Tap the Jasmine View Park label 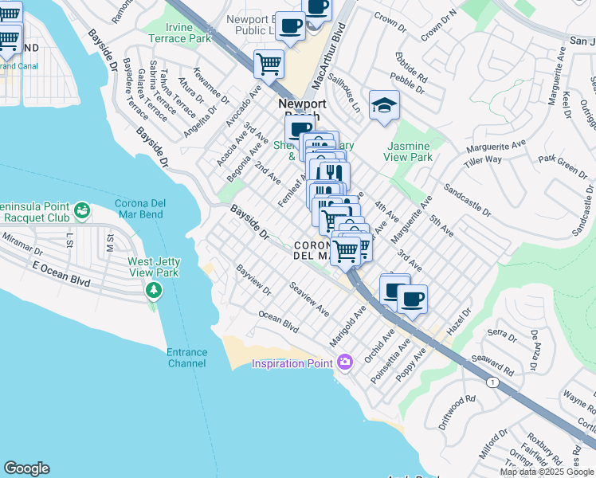click(408, 151)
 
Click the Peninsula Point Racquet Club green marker click(80, 210)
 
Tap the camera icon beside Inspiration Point click(345, 363)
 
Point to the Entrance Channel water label click(186, 358)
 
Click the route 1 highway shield click(493, 383)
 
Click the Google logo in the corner click(26, 468)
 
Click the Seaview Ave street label click(309, 297)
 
